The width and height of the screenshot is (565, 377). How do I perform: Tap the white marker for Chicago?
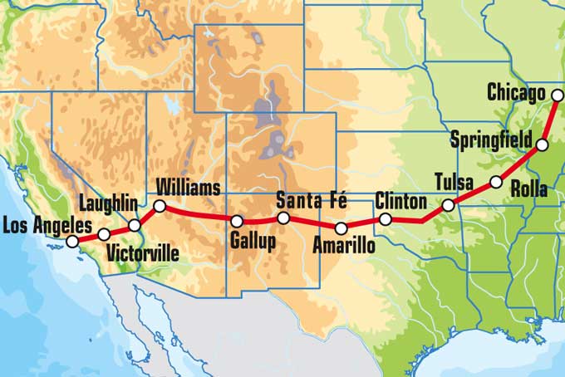[x=558, y=95]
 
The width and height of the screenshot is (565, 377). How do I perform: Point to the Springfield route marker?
[x=542, y=145]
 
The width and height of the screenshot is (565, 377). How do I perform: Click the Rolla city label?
[x=529, y=190]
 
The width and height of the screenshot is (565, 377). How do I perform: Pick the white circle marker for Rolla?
[x=496, y=182]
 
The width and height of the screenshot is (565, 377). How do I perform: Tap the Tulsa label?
[x=454, y=182]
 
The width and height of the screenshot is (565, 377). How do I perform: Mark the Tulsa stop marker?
[x=448, y=204]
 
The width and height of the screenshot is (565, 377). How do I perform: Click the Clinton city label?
[x=400, y=201]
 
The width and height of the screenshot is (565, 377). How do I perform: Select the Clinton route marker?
[x=386, y=219]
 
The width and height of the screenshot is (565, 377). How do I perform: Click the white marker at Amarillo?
[x=341, y=228]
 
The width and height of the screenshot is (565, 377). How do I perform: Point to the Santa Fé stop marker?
[x=283, y=218]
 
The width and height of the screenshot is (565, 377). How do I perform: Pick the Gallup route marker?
[x=237, y=222]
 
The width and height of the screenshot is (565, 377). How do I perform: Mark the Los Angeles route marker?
[x=72, y=241]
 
